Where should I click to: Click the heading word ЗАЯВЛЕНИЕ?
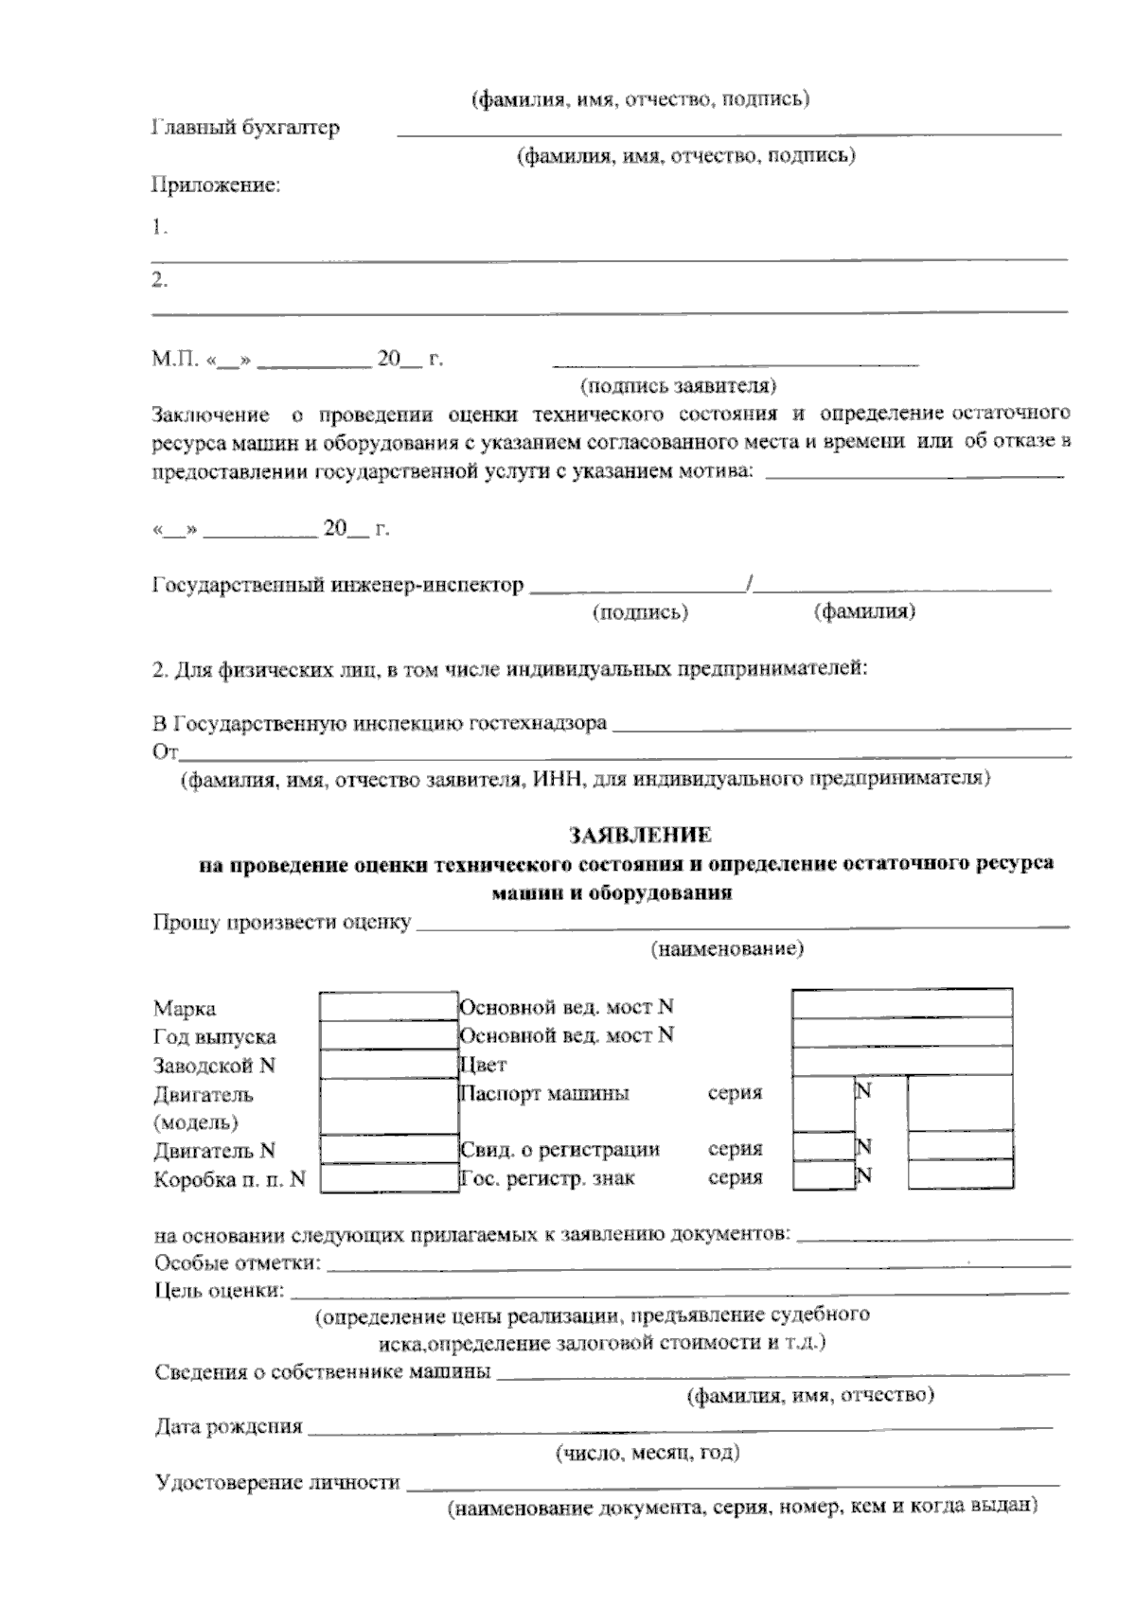[640, 836]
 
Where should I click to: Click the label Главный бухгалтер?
[245, 128]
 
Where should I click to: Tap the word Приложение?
[217, 185]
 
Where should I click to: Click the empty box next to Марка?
[388, 1006]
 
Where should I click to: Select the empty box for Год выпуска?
[388, 1035]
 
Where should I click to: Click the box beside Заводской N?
[388, 1065]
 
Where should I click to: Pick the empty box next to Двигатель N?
[388, 1150]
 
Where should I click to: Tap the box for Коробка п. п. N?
[388, 1178]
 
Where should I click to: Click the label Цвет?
[484, 1065]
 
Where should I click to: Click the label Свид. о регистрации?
[559, 1150]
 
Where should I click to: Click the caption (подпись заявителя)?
[678, 385]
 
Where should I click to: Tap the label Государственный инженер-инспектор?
[338, 585]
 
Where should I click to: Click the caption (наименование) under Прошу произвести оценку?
[727, 949]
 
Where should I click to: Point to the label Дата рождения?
[228, 1426]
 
